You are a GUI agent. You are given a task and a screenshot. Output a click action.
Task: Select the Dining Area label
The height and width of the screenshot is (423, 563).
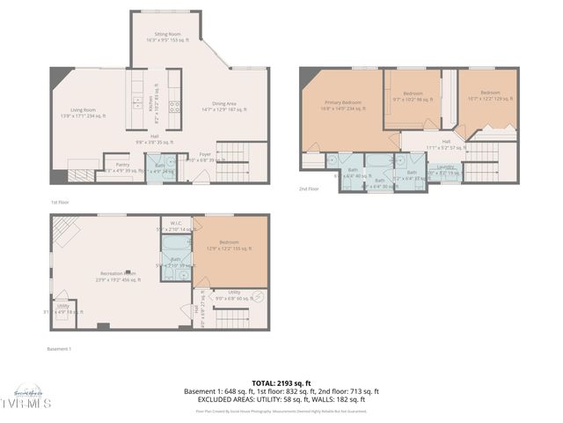tap(224, 105)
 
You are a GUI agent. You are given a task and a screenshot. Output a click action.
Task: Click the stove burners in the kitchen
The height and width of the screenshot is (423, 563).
tap(174, 105)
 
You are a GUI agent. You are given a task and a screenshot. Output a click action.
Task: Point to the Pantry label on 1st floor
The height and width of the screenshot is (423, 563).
tap(122, 164)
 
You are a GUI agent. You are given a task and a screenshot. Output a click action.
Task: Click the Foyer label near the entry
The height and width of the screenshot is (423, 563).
tap(205, 155)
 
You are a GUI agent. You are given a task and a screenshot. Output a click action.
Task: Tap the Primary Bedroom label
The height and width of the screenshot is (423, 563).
tap(341, 103)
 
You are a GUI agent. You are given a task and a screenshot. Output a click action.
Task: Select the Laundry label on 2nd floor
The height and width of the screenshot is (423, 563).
tap(445, 167)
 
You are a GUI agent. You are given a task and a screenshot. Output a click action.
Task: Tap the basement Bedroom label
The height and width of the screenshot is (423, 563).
tap(229, 244)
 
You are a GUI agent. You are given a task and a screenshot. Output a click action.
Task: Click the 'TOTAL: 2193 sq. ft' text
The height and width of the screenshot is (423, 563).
tap(281, 382)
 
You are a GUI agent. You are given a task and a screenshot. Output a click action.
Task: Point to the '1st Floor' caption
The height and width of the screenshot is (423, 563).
tap(60, 202)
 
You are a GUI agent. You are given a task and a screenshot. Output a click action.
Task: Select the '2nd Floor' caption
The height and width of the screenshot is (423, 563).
tap(308, 189)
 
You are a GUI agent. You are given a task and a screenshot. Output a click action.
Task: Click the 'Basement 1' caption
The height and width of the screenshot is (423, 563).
tap(59, 349)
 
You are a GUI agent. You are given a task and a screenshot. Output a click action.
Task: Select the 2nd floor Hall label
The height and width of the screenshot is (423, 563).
tap(446, 141)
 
